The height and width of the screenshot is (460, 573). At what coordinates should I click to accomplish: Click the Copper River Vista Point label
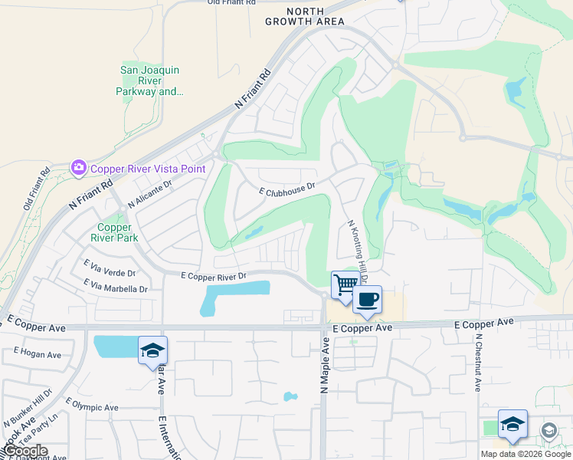[x=139, y=168]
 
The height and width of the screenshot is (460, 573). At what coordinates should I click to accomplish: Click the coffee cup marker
[x=367, y=298]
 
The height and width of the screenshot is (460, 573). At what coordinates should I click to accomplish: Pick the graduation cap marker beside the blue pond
[x=152, y=351]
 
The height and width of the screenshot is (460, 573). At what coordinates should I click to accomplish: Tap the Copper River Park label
[x=114, y=233]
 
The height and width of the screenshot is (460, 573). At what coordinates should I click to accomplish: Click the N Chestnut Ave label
[x=477, y=363]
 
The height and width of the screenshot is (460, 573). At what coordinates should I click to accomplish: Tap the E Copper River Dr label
[x=213, y=275]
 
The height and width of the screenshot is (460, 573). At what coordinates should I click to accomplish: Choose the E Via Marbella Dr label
[x=116, y=288]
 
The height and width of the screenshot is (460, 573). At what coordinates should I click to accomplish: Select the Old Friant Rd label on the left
[x=34, y=187]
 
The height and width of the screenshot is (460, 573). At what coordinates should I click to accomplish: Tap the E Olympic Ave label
[x=92, y=406]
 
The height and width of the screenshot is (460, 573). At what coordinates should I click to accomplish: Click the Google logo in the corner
[x=25, y=452]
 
